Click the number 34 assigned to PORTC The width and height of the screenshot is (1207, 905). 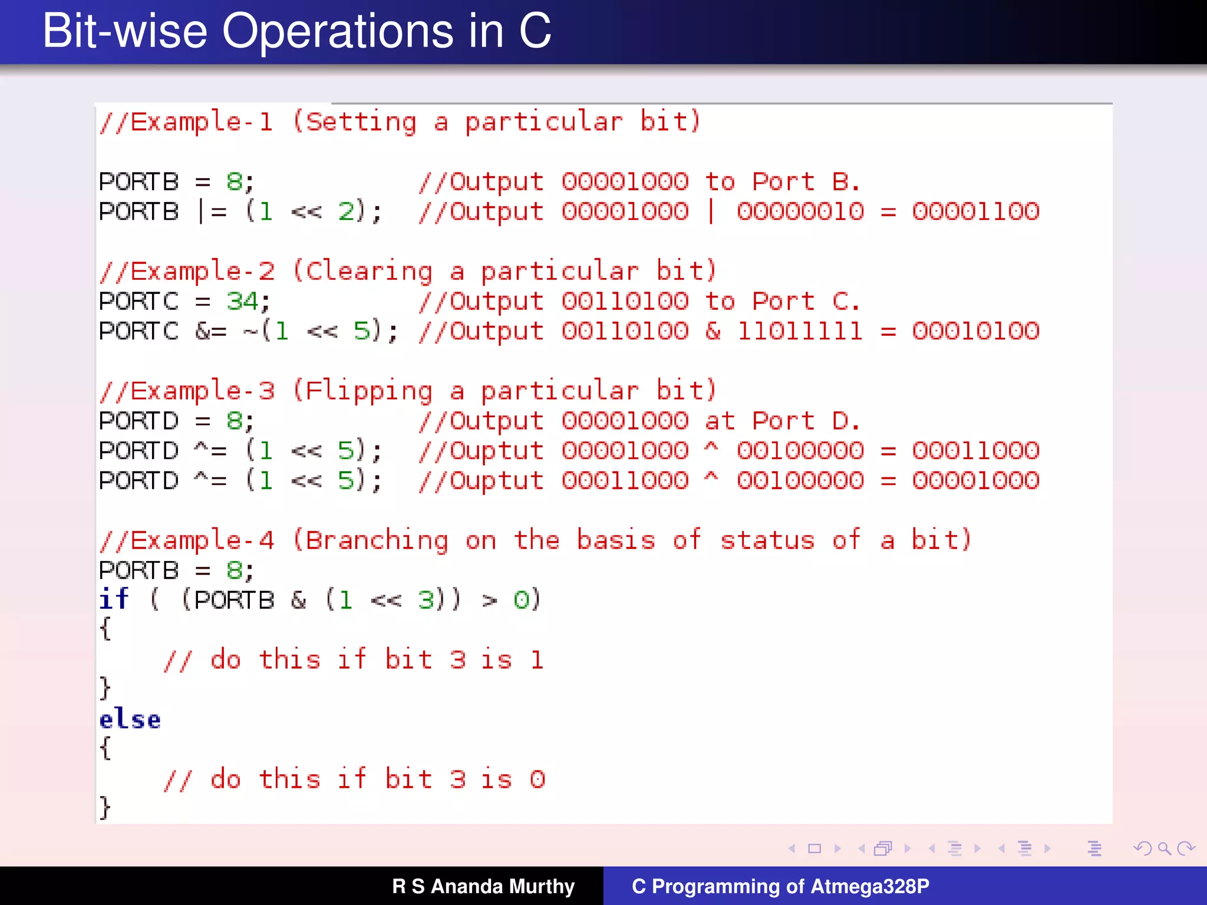242,302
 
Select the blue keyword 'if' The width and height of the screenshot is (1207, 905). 114,600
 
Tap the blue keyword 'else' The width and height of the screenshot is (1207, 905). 130,720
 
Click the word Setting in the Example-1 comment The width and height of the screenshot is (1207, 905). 361,123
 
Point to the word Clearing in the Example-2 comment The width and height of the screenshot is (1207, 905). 369,272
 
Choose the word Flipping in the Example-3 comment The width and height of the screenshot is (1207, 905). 369,391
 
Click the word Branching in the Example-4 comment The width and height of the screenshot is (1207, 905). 377,541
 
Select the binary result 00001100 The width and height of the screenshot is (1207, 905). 976,212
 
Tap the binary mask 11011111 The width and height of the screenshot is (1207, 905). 800,331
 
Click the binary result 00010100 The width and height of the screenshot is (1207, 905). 976,331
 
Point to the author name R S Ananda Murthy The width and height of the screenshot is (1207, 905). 483,886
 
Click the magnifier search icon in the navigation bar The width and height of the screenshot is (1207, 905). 1164,848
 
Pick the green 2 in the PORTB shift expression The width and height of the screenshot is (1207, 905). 346,212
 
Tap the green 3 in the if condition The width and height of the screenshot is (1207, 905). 426,600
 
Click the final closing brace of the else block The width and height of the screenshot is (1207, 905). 105,807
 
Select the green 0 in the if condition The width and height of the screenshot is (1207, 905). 521,600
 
